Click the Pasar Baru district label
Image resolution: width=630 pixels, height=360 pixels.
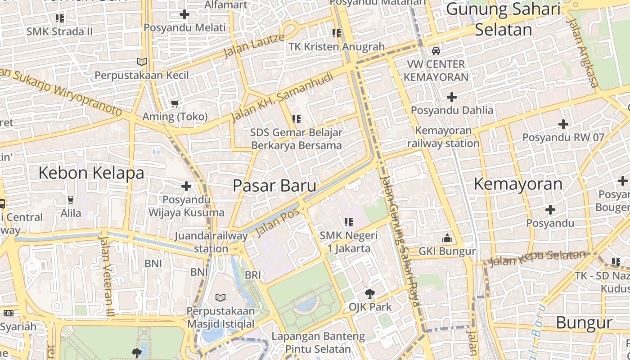pyautogui.click(x=274, y=185)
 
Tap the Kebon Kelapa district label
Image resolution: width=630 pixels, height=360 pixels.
pyautogui.click(x=91, y=173)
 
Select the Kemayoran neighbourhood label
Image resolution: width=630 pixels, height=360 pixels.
pyautogui.click(x=518, y=184)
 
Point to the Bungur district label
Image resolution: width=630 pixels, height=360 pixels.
pyautogui.click(x=584, y=323)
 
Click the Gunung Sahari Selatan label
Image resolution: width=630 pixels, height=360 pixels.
pyautogui.click(x=504, y=19)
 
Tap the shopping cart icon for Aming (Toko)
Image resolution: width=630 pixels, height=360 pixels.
pyautogui.click(x=175, y=104)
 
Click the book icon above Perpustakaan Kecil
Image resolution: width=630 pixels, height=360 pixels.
pyautogui.click(x=142, y=62)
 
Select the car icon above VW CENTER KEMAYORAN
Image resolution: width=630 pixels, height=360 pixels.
pyautogui.click(x=436, y=51)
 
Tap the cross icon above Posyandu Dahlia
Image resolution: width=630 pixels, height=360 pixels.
pyautogui.click(x=452, y=97)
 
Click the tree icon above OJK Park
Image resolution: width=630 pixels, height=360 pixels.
pyautogui.click(x=370, y=294)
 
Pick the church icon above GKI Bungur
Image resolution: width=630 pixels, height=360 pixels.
pyautogui.click(x=447, y=238)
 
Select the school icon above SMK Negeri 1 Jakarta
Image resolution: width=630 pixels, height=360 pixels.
pyautogui.click(x=348, y=222)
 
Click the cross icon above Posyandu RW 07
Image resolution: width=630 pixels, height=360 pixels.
pyautogui.click(x=563, y=124)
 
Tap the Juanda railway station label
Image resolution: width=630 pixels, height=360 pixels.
pyautogui.click(x=211, y=242)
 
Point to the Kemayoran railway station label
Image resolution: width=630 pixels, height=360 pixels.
pyautogui.click(x=443, y=137)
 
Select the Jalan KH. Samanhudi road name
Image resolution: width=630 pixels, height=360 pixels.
pyautogui.click(x=282, y=97)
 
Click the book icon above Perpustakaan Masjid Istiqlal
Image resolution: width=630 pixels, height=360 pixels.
pyautogui.click(x=220, y=297)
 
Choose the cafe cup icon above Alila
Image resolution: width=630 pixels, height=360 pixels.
pyautogui.click(x=71, y=199)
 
